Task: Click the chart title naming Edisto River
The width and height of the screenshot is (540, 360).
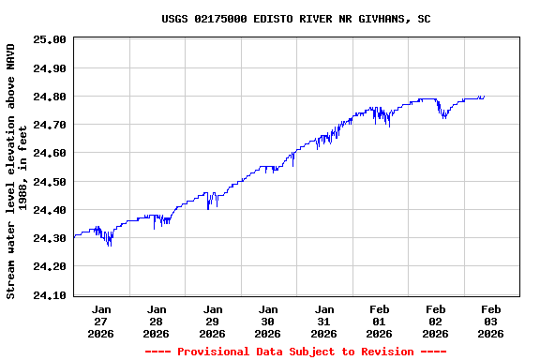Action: click(x=296, y=18)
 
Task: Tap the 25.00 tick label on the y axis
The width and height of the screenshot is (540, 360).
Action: click(x=49, y=39)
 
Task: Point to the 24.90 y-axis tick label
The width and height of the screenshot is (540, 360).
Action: click(x=49, y=67)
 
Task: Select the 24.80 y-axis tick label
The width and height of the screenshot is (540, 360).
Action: click(x=49, y=97)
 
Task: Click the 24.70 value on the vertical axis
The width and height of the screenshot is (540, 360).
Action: click(x=49, y=125)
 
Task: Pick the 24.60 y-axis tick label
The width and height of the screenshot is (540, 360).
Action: click(x=49, y=153)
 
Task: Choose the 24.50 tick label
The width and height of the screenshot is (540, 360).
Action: click(x=49, y=182)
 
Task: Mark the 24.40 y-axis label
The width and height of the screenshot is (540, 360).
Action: click(x=49, y=210)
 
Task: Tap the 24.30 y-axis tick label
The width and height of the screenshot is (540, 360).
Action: click(x=49, y=238)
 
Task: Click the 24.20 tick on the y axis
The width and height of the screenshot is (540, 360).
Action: click(x=49, y=267)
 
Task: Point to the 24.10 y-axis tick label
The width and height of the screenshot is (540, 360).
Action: click(x=49, y=295)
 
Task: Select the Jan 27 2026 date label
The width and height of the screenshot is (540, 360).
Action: click(x=101, y=321)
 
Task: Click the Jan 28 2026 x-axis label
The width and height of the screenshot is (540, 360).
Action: click(x=157, y=321)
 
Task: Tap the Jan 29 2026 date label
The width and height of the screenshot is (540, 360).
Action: click(x=213, y=321)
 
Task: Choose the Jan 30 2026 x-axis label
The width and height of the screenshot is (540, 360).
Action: click(x=268, y=321)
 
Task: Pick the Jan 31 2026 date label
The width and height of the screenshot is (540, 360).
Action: click(x=323, y=321)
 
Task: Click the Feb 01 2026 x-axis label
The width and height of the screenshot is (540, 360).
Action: click(x=380, y=321)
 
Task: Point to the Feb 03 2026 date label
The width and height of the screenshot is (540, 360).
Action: click(x=490, y=321)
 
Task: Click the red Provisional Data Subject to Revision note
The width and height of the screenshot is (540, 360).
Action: click(x=295, y=352)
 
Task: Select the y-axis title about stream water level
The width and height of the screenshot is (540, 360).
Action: click(x=17, y=171)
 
